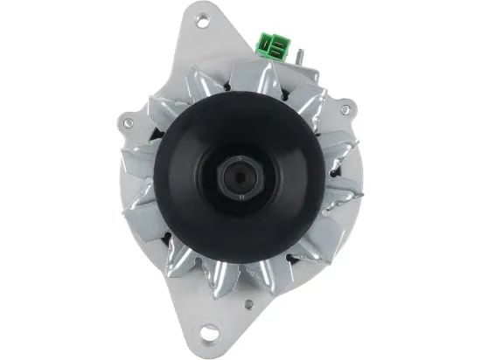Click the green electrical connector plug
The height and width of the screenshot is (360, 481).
point(270,45)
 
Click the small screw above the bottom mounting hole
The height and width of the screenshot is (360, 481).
point(249,306)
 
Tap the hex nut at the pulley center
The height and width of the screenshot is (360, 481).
point(239,177)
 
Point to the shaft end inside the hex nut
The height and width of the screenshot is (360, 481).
point(239,177)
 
